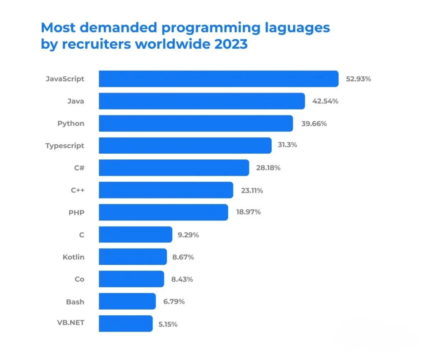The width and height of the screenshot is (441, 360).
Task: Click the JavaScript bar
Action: click(218, 79)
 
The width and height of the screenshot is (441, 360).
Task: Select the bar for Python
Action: click(196, 123)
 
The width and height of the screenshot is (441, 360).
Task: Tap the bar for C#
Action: click(174, 168)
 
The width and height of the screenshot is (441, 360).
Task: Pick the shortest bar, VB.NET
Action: click(125, 323)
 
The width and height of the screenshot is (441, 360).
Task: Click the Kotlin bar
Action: click(133, 257)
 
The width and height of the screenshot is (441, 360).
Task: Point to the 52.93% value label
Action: click(358, 79)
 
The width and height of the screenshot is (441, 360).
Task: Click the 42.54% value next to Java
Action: click(325, 101)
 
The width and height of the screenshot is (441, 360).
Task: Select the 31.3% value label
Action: click(287, 145)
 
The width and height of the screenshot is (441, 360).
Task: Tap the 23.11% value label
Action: click(252, 190)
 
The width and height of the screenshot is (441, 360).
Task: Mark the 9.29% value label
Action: click(188, 235)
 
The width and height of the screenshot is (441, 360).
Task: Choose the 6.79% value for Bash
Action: click(174, 301)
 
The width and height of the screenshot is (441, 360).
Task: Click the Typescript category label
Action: click(65, 146)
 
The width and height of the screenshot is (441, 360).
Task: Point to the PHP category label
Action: click(76, 212)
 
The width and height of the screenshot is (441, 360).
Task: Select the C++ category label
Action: click(78, 190)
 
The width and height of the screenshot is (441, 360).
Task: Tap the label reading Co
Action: click(79, 279)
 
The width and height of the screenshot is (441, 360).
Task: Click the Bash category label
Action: click(75, 301)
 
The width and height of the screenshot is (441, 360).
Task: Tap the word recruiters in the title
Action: click(92, 44)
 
